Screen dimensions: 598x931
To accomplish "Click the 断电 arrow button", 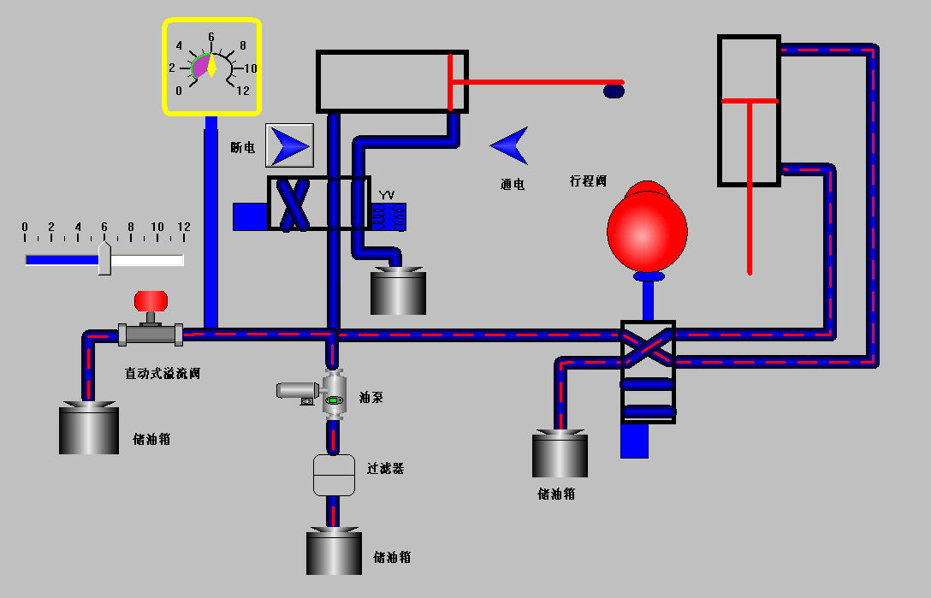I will [289, 145].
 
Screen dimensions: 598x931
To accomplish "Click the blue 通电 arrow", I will [511, 145].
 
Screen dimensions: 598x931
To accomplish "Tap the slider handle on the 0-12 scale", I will [104, 258].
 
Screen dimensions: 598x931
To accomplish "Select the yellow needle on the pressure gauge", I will [211, 65].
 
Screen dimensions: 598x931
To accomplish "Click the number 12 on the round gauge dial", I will [243, 91].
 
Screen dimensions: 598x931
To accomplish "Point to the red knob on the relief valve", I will [151, 300].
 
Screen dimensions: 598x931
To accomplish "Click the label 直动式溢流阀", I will [163, 373].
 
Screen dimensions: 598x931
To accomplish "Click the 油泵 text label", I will [371, 397].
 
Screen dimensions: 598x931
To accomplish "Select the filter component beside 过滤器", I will [334, 475].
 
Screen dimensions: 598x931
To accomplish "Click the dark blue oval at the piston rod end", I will [614, 90].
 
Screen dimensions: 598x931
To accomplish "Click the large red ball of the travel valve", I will [647, 228].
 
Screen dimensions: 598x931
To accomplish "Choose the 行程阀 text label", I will [588, 181].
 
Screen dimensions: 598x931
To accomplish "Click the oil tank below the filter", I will [334, 552].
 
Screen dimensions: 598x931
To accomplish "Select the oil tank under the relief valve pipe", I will [88, 429].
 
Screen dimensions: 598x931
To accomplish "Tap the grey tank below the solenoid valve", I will [398, 292].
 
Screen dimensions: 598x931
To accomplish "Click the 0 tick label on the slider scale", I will [25, 227].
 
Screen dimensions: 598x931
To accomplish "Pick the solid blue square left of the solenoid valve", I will [250, 216].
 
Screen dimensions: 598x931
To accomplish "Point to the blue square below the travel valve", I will [634, 441].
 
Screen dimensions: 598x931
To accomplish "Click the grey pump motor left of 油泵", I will [296, 391].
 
